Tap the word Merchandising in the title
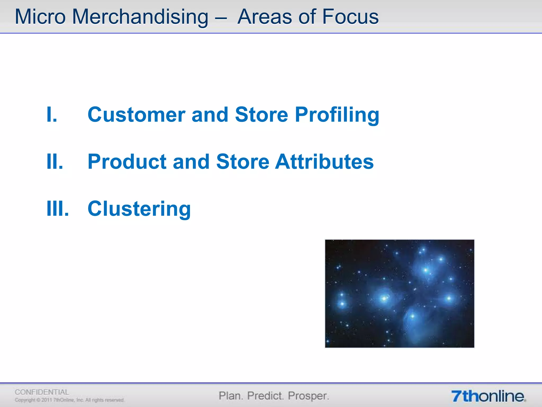140,17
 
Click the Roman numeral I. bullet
52,114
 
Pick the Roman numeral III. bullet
57,209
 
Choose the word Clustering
139,209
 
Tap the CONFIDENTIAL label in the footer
42,392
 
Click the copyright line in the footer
69,400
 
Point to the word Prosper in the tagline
308,396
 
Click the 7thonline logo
488,396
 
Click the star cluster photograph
399,294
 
